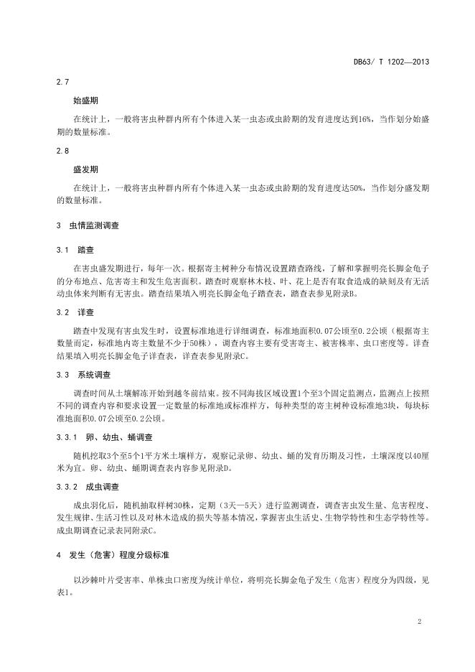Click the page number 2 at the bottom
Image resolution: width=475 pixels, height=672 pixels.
coord(418,620)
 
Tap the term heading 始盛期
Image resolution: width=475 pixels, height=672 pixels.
coord(85,101)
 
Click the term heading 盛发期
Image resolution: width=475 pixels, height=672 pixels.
coord(85,170)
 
